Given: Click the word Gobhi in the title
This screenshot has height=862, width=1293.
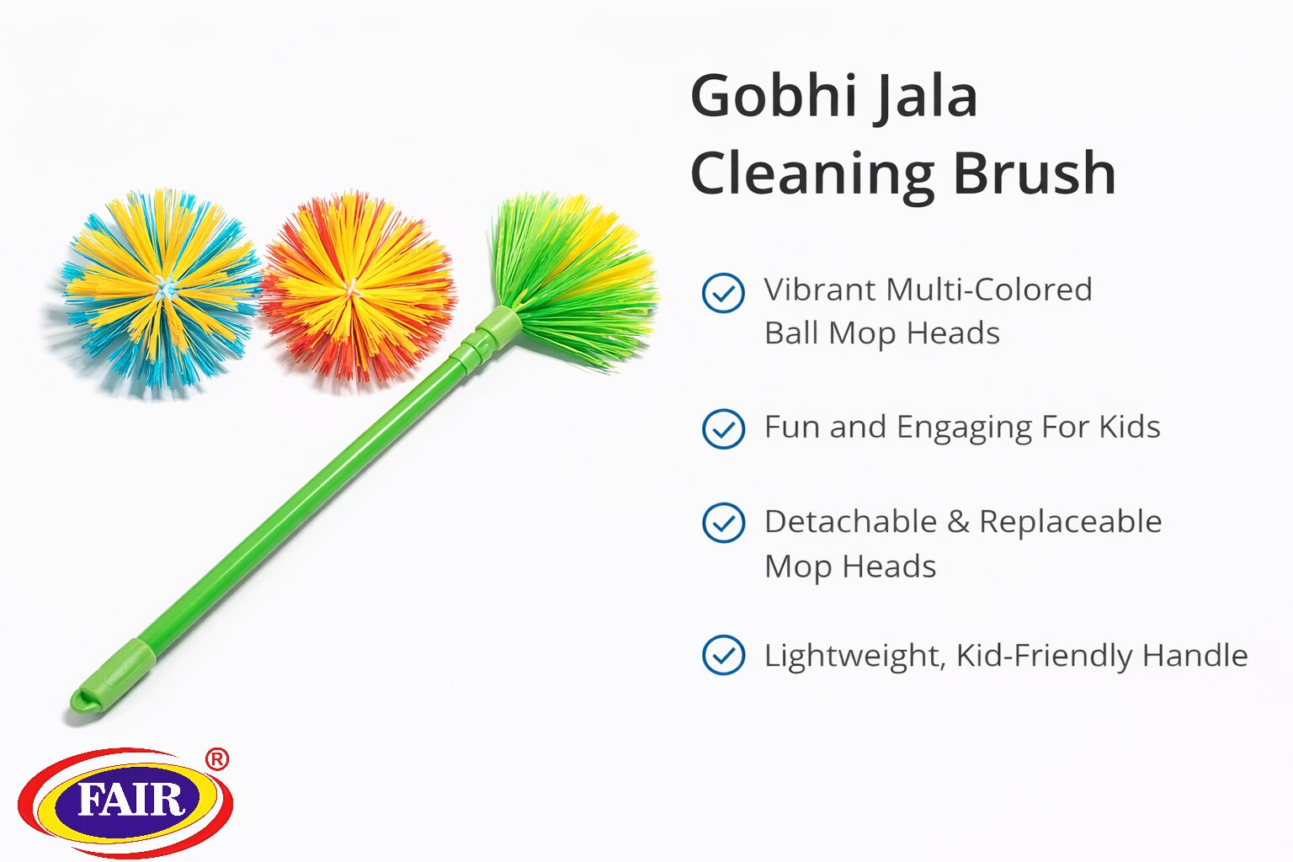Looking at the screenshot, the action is coord(774,96).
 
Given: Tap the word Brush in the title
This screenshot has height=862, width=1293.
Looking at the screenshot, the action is coord(1035,173).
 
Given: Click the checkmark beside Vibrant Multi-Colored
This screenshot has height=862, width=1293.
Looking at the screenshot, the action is coord(723,293).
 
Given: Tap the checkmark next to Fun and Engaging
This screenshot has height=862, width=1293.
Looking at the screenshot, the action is coord(723,428).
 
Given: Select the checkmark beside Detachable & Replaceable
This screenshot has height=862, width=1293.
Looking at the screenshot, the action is coord(723,523).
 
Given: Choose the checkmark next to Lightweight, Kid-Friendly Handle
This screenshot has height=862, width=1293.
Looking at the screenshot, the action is coord(723,655).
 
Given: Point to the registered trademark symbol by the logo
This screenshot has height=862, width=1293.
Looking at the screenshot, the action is coord(217,759).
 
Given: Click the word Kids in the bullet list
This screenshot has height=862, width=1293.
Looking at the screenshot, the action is coord(1129,428).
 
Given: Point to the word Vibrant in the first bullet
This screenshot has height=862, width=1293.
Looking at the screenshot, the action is coord(820,290).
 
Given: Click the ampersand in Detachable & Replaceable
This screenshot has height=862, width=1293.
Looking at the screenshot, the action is coord(958,522).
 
